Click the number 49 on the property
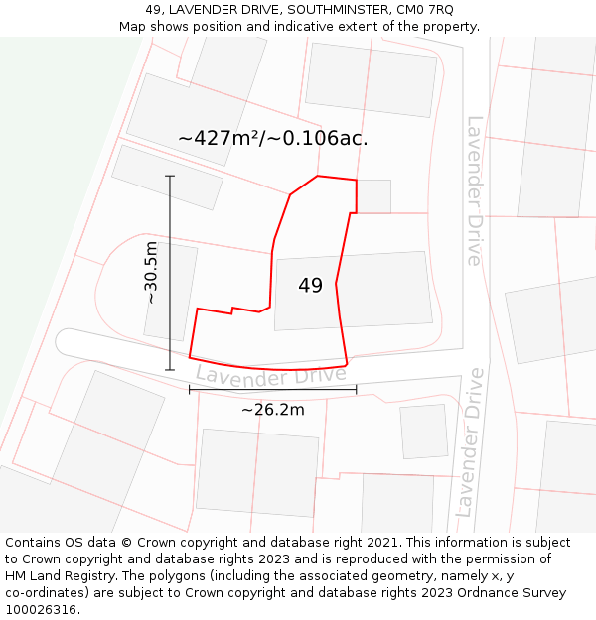(x=310, y=286)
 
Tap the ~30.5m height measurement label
(x=151, y=273)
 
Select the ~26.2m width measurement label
(x=272, y=409)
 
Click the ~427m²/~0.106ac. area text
(x=273, y=139)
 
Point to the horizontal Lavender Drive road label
(x=270, y=374)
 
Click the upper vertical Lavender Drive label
(x=475, y=190)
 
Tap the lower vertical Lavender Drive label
(x=470, y=441)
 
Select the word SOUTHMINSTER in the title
(x=333, y=9)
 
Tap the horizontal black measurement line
(x=272, y=390)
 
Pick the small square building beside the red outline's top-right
(x=373, y=195)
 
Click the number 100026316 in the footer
(x=42, y=610)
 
